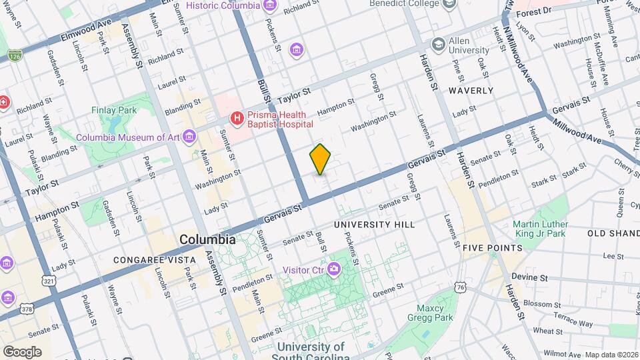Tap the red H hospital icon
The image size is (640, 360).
click(237, 119)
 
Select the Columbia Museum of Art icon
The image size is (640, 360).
click(191, 137)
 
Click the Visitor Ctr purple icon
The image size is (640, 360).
click(333, 269)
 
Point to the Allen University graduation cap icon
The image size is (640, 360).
click(438, 45)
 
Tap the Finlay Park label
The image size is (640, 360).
click(113, 110)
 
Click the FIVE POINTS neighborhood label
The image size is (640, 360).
click(493, 247)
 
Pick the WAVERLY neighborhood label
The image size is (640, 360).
click(471, 90)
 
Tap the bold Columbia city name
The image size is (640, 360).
click(207, 239)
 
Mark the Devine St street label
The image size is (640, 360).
click(529, 277)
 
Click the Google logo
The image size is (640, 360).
click(22, 351)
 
